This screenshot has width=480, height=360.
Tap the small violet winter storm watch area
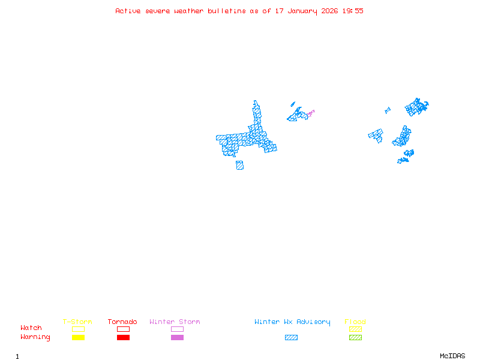click(x=311, y=112)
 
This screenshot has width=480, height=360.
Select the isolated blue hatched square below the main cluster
click(x=239, y=165)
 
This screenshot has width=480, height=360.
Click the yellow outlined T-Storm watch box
click(x=78, y=329)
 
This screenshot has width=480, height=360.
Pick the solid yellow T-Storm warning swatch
click(x=78, y=337)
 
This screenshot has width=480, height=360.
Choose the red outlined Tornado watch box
click(x=123, y=329)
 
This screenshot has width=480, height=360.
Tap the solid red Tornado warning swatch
click(x=123, y=337)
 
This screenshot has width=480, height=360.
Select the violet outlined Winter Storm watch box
click(x=177, y=329)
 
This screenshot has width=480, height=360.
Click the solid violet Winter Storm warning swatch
click(x=177, y=337)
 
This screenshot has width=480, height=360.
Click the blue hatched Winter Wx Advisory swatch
click(x=291, y=337)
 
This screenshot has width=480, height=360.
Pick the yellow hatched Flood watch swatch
click(x=355, y=329)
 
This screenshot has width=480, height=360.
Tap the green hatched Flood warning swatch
click(x=355, y=337)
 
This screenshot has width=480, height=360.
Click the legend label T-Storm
click(x=77, y=322)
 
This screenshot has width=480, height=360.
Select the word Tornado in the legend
click(x=122, y=322)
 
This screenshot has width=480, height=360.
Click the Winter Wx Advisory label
click(x=292, y=322)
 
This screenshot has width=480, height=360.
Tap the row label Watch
click(x=31, y=328)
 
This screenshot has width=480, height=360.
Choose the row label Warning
click(x=35, y=337)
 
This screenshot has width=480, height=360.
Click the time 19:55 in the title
click(x=353, y=11)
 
